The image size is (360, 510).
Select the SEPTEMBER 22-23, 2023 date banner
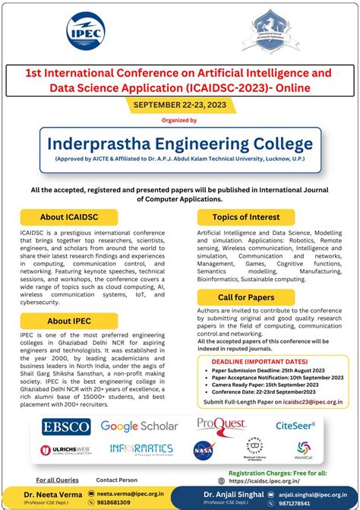179,105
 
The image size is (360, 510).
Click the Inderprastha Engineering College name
179,143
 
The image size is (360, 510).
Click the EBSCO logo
66,426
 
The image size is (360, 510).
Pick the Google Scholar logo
139,426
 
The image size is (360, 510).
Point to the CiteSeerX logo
295,426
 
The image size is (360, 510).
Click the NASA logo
204,449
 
